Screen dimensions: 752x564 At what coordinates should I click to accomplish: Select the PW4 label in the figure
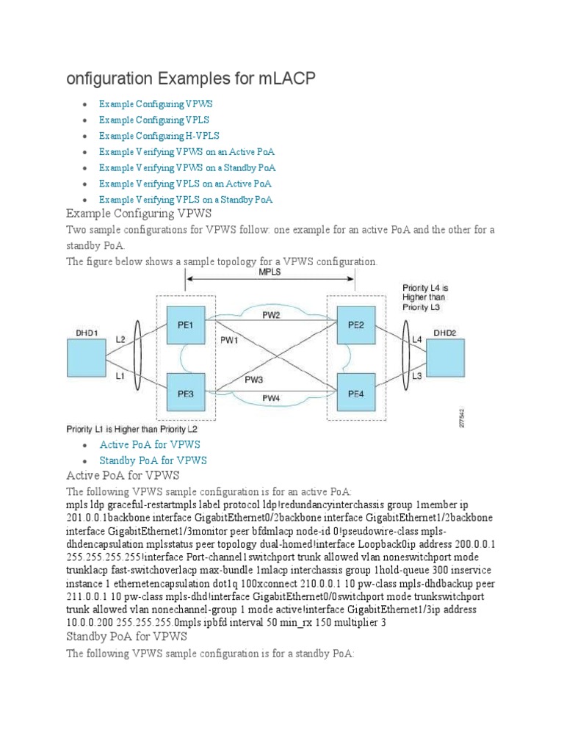pos(271,398)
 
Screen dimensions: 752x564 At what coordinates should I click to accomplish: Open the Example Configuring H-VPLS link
pos(159,136)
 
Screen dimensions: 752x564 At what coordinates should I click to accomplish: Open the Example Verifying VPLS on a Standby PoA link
pos(186,200)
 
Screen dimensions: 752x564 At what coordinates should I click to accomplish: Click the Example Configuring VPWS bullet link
pos(156,104)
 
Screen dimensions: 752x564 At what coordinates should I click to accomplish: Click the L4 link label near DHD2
pos(416,340)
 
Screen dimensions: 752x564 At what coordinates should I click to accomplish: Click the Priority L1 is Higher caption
pos(131,428)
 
